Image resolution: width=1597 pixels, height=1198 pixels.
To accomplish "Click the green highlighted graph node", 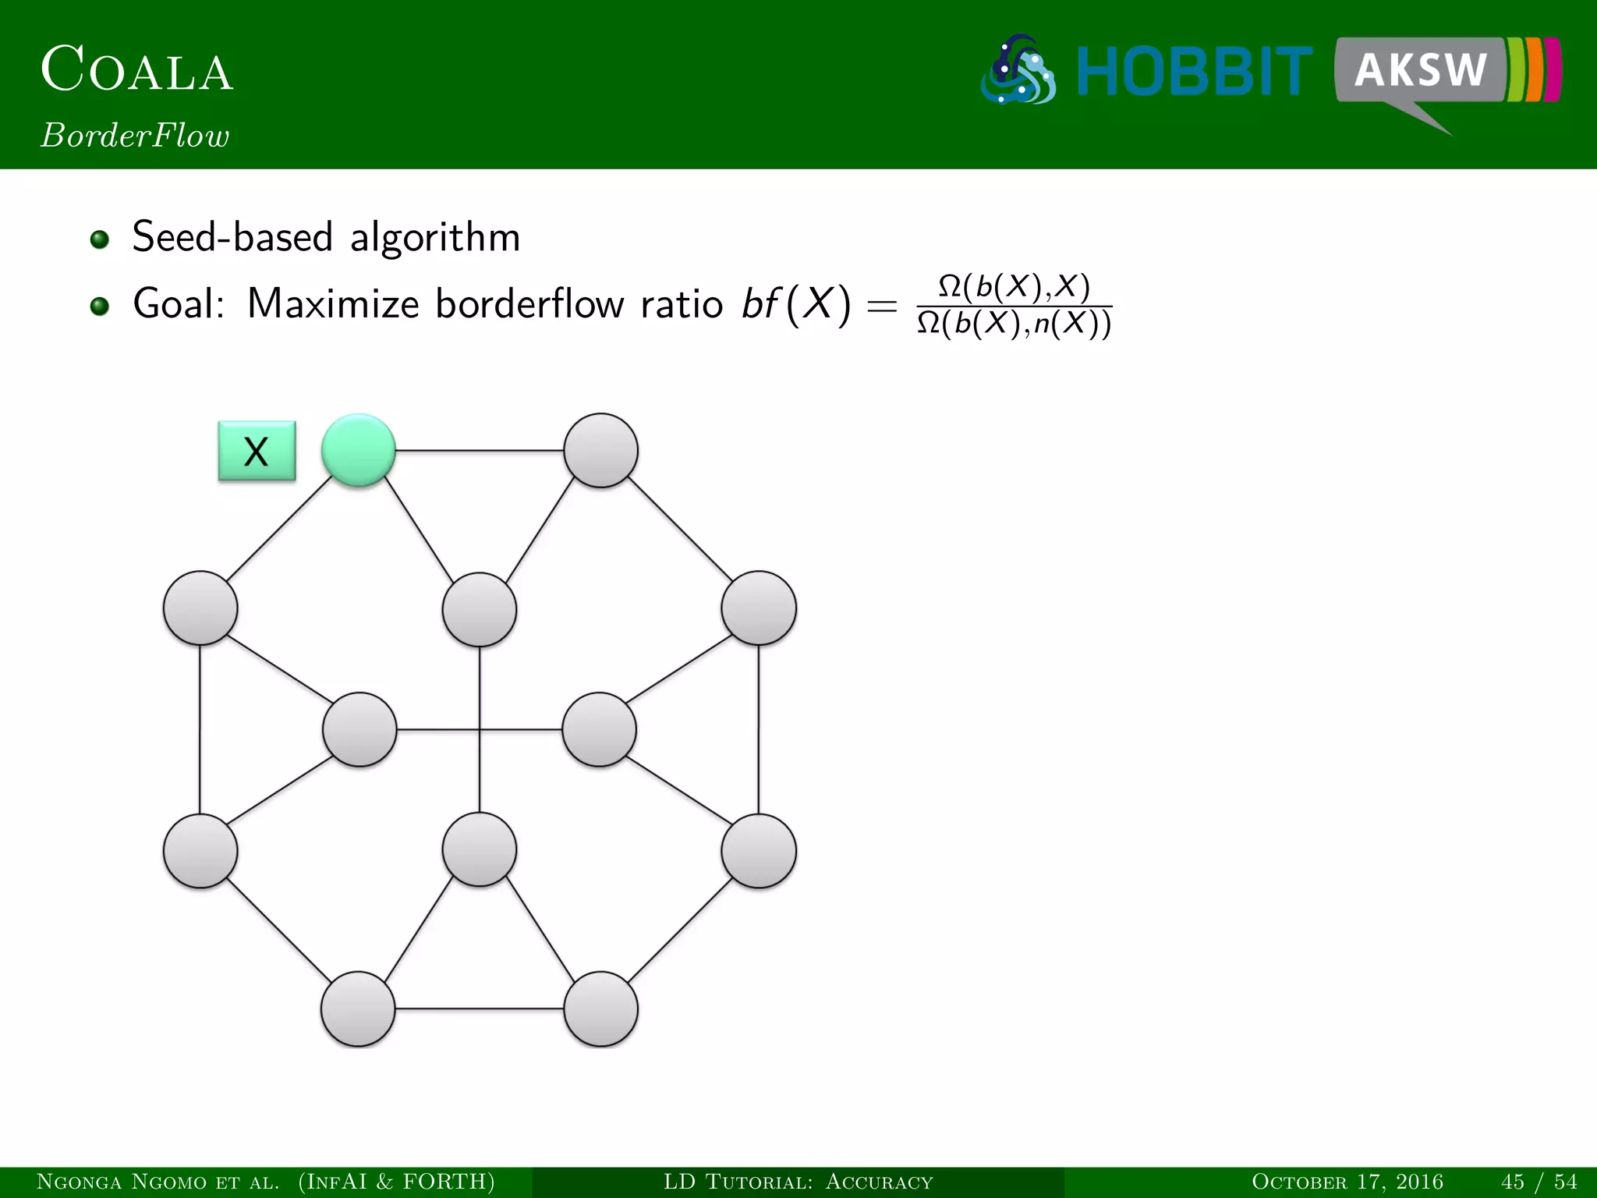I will click(x=359, y=451).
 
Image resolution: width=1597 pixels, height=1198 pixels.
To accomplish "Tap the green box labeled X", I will click(x=257, y=452).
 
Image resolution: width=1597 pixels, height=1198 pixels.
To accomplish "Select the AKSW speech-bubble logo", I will click(x=1447, y=74).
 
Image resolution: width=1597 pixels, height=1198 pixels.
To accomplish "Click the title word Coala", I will click(x=137, y=70).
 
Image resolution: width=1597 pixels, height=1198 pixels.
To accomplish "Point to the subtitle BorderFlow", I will click(x=136, y=136).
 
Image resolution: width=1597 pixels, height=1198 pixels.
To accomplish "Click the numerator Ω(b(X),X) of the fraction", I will click(x=1014, y=286).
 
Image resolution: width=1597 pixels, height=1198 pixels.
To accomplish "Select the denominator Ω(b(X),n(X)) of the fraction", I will click(x=1014, y=323).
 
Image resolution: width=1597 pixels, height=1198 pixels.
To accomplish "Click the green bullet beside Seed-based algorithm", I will click(x=99, y=239).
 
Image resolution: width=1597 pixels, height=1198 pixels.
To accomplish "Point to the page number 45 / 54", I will click(x=1539, y=1182).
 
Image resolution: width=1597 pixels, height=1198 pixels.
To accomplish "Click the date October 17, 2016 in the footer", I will click(x=1347, y=1182).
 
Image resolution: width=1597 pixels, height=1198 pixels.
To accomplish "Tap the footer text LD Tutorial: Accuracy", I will click(x=798, y=1182).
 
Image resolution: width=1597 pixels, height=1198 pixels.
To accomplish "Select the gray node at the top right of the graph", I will click(x=600, y=451).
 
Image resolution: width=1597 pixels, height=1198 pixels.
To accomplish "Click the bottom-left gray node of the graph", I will click(x=358, y=1008).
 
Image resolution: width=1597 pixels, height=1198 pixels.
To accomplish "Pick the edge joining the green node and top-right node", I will click(x=480, y=451).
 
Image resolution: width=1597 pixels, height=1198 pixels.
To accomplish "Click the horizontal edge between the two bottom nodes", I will click(x=480, y=1008).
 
